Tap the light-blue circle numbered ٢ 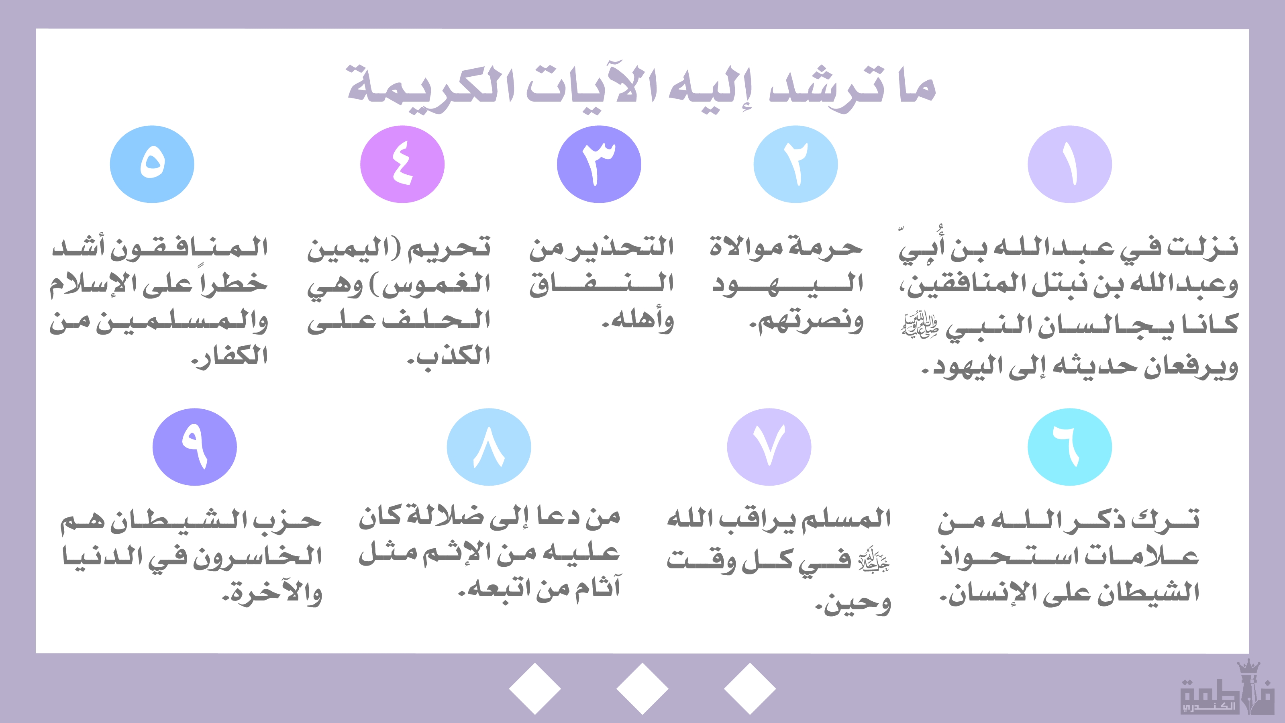[795, 164]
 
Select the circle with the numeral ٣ [599, 164]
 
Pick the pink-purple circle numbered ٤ [402, 164]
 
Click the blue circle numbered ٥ [152, 164]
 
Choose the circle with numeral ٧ [769, 447]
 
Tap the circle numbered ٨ [489, 447]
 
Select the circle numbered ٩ [194, 447]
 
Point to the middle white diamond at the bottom [642, 688]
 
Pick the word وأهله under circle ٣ [638, 321]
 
